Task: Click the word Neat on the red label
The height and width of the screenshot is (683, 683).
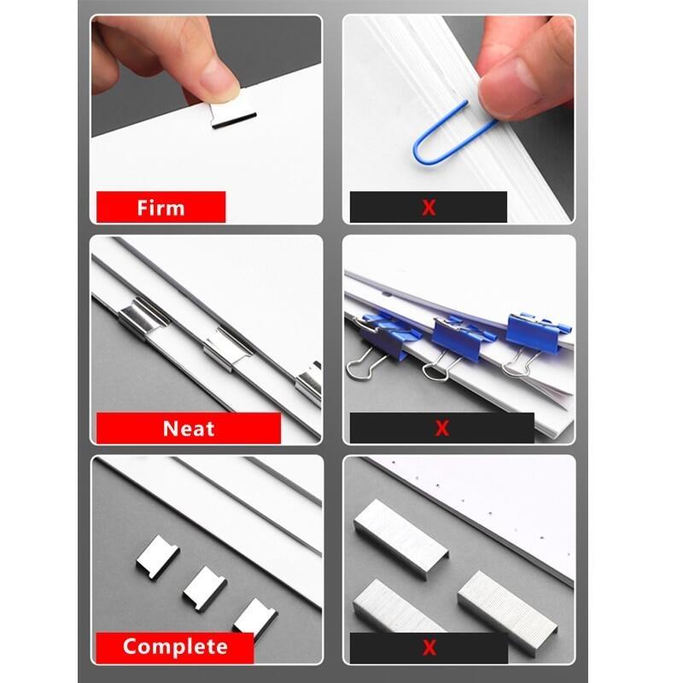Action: coord(188,428)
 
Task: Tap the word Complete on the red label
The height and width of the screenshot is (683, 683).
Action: coord(174,646)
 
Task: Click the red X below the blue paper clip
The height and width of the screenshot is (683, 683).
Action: coord(429,207)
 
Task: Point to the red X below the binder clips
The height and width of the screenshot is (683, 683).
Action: coord(441,429)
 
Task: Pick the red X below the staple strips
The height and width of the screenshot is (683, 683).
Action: coord(429,647)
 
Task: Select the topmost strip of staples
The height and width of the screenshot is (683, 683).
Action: coord(400,534)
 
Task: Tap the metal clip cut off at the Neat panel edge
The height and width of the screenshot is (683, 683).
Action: coord(309,382)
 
